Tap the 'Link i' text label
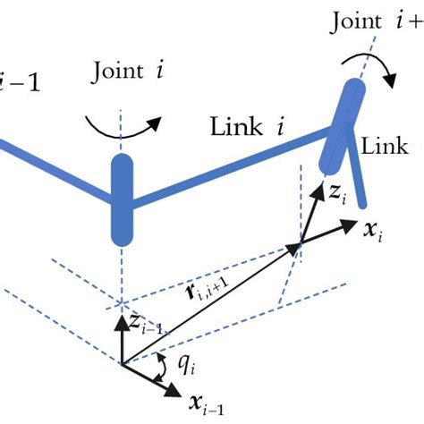pos(247,126)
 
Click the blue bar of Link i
pos(233,162)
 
